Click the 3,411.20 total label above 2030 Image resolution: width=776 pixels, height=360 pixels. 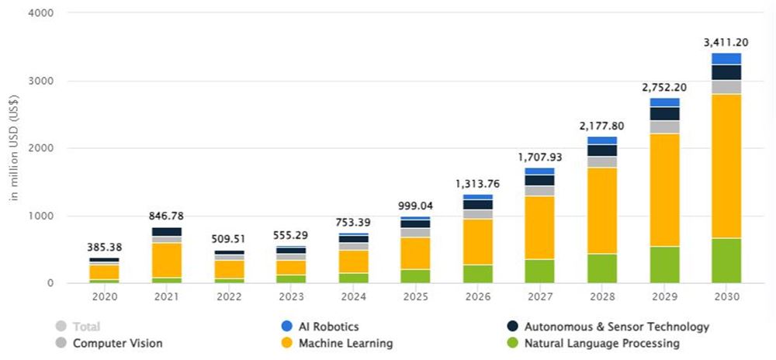pyautogui.click(x=726, y=43)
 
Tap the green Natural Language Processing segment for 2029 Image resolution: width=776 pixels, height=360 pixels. pyautogui.click(x=664, y=265)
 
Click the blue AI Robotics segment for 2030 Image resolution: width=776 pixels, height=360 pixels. pyautogui.click(x=726, y=59)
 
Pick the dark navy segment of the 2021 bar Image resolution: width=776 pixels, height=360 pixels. pyautogui.click(x=166, y=232)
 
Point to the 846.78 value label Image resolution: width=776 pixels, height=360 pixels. pyautogui.click(x=166, y=216)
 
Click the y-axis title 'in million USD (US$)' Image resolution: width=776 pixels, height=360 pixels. pyautogui.click(x=14, y=147)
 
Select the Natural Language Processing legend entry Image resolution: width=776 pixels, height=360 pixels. pyautogui.click(x=601, y=343)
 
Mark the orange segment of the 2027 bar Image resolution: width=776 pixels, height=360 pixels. pyautogui.click(x=539, y=227)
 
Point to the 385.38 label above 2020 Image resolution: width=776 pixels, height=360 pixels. pyautogui.click(x=104, y=247)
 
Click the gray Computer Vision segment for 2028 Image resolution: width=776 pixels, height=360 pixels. pyautogui.click(x=601, y=162)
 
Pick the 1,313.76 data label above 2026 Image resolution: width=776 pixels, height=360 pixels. pyautogui.click(x=477, y=184)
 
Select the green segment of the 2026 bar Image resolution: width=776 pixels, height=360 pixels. pyautogui.click(x=477, y=274)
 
